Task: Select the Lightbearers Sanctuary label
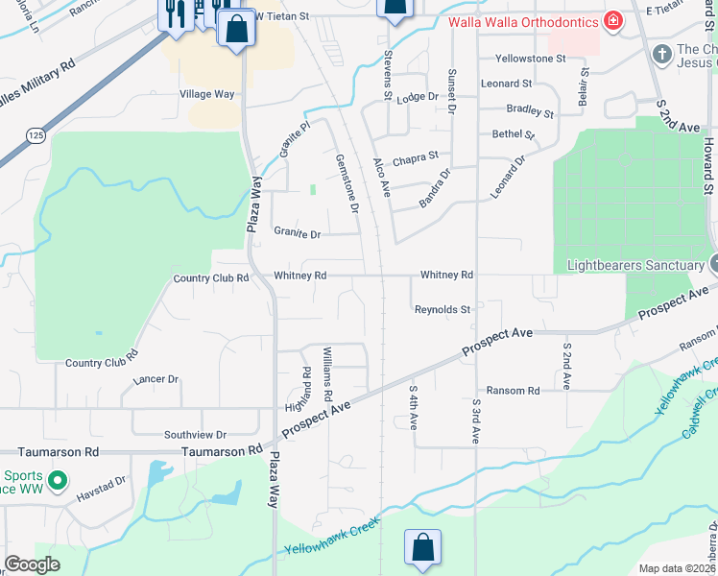(x=635, y=265)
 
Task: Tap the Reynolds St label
(x=443, y=310)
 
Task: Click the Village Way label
(x=207, y=94)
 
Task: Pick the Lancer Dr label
(x=156, y=379)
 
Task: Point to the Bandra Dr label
(x=435, y=189)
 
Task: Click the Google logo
(x=33, y=564)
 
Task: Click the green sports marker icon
(x=57, y=479)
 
